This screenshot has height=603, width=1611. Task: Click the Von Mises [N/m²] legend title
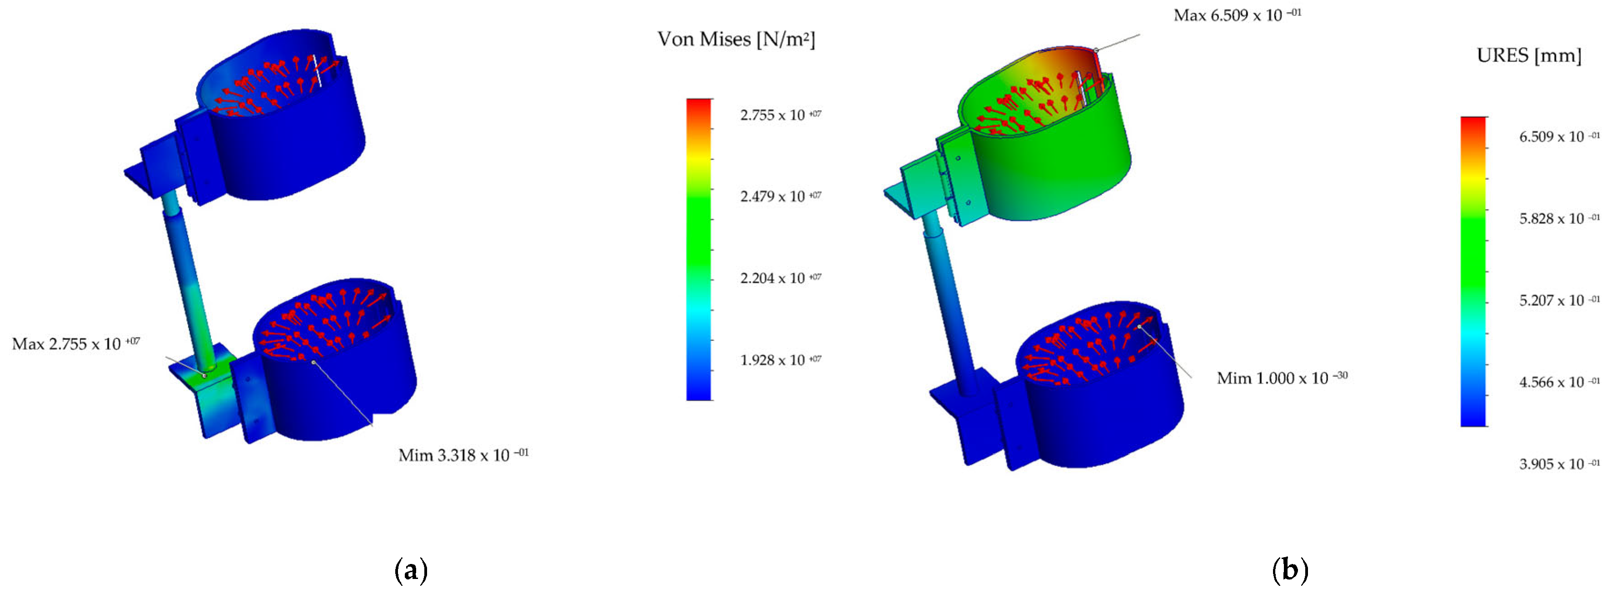click(x=736, y=39)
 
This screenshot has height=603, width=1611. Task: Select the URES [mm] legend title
click(x=1529, y=56)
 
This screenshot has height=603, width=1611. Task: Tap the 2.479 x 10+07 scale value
click(x=781, y=196)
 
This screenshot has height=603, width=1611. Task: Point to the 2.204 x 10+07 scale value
click(x=781, y=278)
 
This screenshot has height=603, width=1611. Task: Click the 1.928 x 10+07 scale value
click(x=781, y=360)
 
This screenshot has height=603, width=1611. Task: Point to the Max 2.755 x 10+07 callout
click(x=76, y=343)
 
